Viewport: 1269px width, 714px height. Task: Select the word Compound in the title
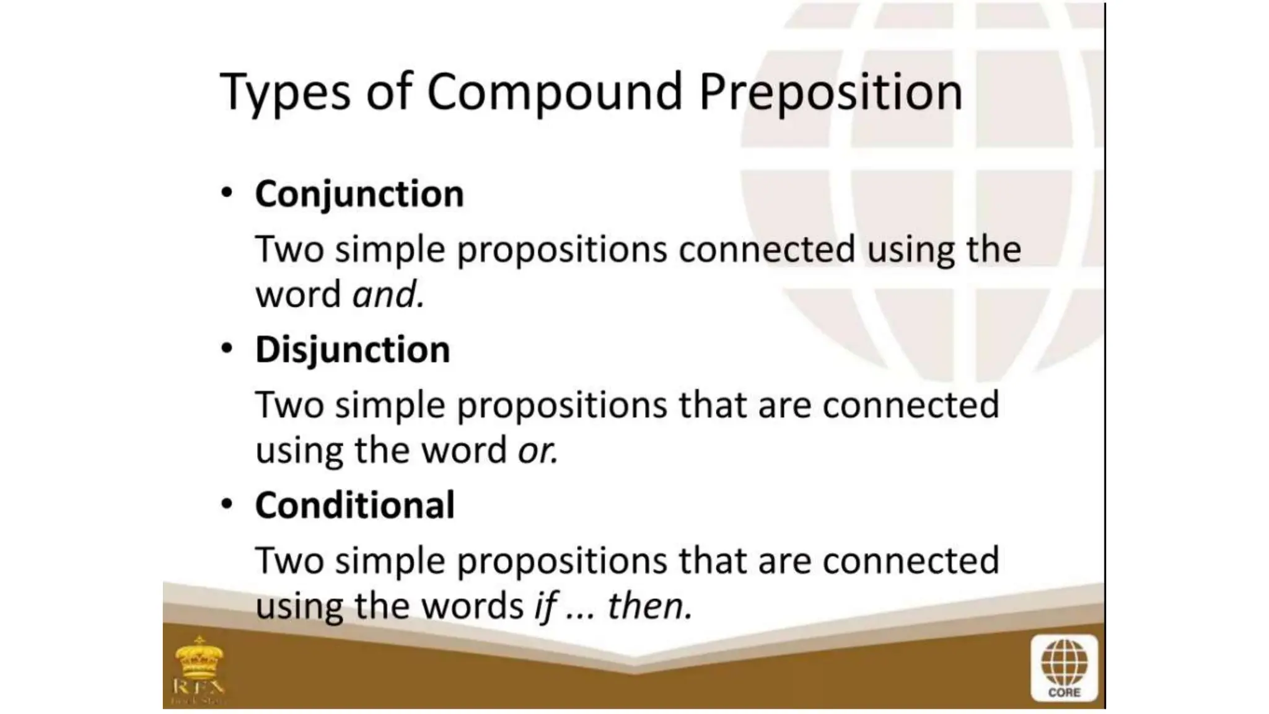[555, 92]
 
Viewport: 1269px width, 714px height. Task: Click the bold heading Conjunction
[359, 195]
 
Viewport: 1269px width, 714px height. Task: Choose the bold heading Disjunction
[353, 350]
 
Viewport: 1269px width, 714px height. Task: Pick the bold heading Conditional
[354, 505]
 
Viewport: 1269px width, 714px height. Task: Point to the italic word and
[388, 294]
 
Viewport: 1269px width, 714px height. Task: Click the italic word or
[537, 451]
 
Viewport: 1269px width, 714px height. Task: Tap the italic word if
[545, 606]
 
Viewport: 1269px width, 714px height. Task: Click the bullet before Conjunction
[227, 193]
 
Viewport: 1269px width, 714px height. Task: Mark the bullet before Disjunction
[227, 348]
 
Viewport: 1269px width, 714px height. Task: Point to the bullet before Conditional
[227, 504]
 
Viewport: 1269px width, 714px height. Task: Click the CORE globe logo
[1064, 668]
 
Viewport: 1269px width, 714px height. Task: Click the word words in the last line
[473, 606]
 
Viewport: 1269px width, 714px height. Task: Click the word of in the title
[389, 92]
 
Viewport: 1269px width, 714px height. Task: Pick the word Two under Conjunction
[289, 249]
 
